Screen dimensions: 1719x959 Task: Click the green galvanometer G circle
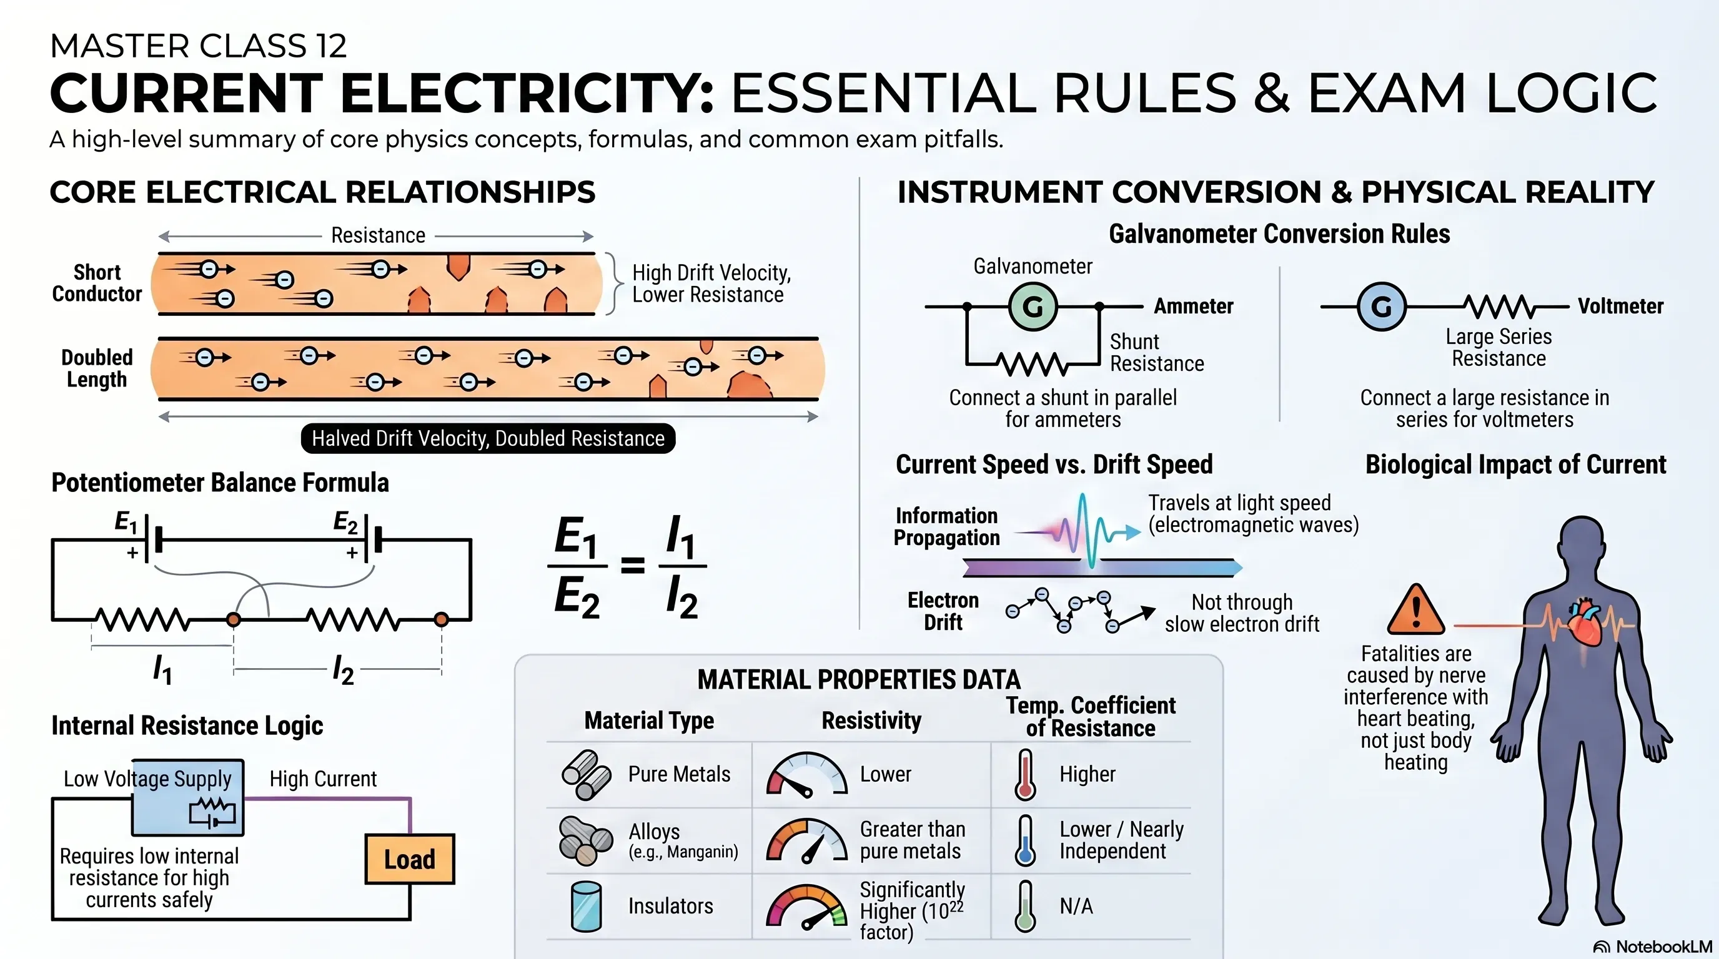tap(1033, 306)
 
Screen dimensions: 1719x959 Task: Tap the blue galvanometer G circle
tap(1381, 306)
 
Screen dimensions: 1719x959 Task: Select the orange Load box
tap(409, 859)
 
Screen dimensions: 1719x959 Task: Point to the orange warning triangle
tap(1415, 609)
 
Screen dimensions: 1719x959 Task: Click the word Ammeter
tap(1193, 306)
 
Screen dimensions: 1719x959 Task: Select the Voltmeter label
tap(1620, 306)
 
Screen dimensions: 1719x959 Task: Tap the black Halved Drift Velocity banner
tap(488, 438)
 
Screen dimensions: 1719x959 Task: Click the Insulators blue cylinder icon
tap(587, 907)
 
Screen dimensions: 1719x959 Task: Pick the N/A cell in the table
tap(1076, 907)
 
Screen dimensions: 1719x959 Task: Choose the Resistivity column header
tap(871, 721)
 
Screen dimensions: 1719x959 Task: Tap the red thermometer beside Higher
tap(1025, 774)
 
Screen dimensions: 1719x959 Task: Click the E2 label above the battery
tap(345, 522)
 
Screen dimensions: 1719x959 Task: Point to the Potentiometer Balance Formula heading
tap(220, 482)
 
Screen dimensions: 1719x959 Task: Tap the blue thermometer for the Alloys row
tap(1025, 840)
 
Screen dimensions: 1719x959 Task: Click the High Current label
tap(323, 779)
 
